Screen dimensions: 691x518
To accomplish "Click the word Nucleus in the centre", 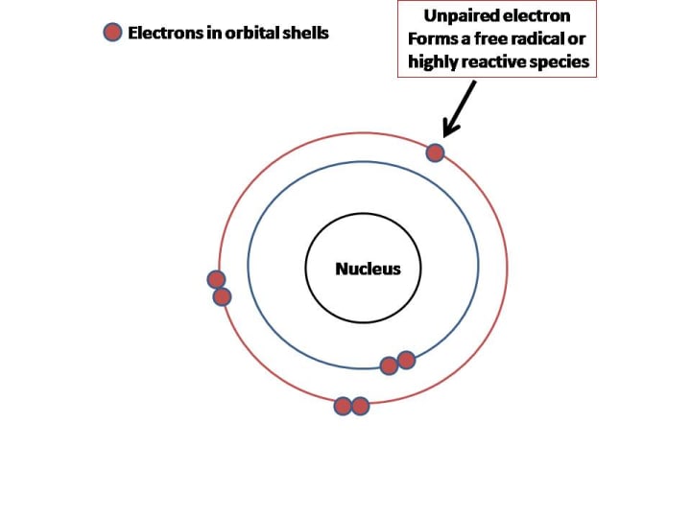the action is point(368,269).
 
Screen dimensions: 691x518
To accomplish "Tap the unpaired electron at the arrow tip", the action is point(435,153).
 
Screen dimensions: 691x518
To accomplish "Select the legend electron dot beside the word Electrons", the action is point(113,33).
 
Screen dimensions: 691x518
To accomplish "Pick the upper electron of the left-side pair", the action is point(216,279).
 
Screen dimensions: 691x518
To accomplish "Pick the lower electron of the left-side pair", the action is point(222,296).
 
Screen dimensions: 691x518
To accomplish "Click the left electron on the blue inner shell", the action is point(389,365).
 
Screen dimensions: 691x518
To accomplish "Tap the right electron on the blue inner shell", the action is point(406,360).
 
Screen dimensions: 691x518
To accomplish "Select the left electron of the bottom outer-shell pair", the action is point(343,406).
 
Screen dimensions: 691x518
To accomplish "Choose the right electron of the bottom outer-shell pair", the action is point(360,406).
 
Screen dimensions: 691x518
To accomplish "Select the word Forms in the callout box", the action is point(431,39).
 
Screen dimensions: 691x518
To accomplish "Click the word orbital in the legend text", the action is point(238,33).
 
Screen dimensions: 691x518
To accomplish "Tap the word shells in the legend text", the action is point(303,33).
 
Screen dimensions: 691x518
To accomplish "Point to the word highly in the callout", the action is point(432,62).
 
